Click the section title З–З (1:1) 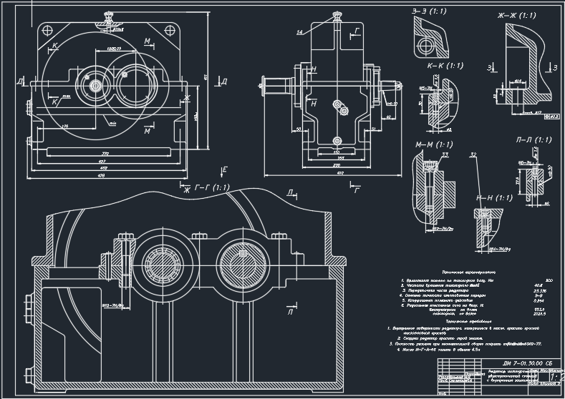[430, 11]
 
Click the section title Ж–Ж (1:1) [516, 14]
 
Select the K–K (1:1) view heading [445, 66]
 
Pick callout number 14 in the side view [300, 32]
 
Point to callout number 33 [445, 154]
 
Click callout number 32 [473, 154]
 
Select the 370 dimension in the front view [105, 153]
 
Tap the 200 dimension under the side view [337, 165]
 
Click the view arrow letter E [224, 169]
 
